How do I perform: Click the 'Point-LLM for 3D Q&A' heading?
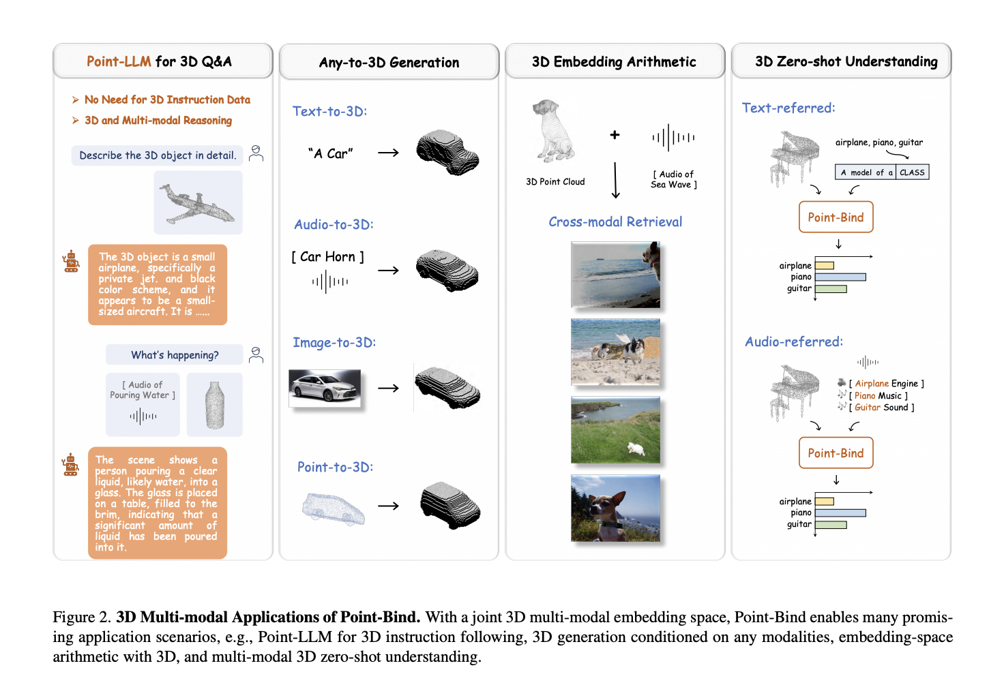pyautogui.click(x=160, y=61)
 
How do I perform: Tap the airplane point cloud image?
pyautogui.click(x=198, y=203)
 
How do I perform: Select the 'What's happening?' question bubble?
pyautogui.click(x=175, y=355)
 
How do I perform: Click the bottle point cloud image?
pyautogui.click(x=215, y=405)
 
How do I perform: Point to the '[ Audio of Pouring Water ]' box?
pyautogui.click(x=143, y=403)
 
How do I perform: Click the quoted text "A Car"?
pyautogui.click(x=331, y=153)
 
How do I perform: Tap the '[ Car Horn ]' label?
pyautogui.click(x=328, y=257)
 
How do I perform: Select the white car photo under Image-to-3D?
pyautogui.click(x=325, y=388)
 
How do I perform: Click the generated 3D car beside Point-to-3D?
pyautogui.click(x=449, y=506)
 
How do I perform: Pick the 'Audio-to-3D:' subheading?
pyautogui.click(x=334, y=224)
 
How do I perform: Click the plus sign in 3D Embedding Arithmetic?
pyautogui.click(x=615, y=135)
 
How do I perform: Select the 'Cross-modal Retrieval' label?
pyautogui.click(x=615, y=222)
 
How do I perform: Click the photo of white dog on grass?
pyautogui.click(x=615, y=430)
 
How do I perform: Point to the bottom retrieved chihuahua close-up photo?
pyautogui.click(x=615, y=508)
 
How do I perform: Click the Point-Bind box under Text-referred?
pyautogui.click(x=836, y=217)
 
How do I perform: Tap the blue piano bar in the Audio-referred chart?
pyautogui.click(x=840, y=513)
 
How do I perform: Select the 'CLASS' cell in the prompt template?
pyautogui.click(x=912, y=172)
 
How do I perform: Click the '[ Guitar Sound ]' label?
pyautogui.click(x=881, y=408)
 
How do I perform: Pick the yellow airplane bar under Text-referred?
pyautogui.click(x=825, y=266)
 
